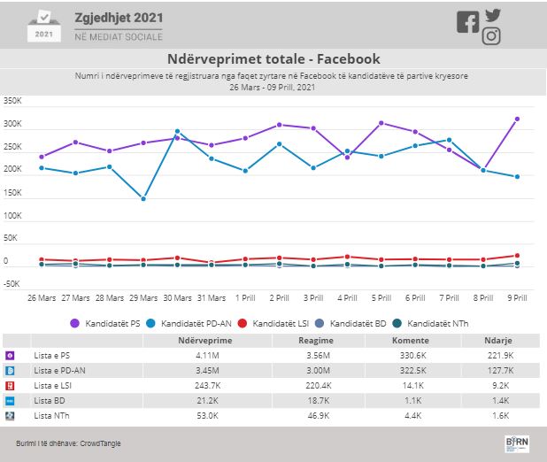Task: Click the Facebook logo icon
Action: pos(467,22)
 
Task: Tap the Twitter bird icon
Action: pos(493,15)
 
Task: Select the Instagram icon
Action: pos(492,36)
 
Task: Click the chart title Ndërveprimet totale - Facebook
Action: pos(273,59)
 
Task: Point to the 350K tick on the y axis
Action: pos(13,101)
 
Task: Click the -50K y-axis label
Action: pos(12,284)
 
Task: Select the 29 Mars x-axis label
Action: pos(143,298)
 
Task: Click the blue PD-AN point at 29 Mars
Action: pos(143,199)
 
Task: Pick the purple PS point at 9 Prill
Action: pos(516,119)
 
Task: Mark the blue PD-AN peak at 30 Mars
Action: pos(177,131)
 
